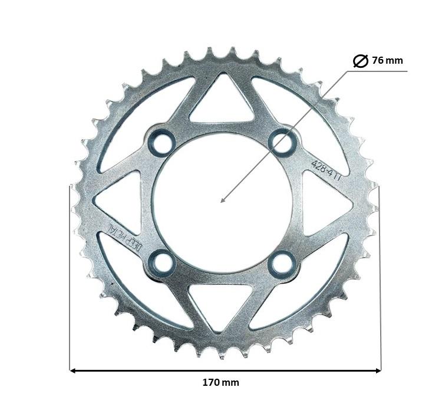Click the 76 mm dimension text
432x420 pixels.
point(387,60)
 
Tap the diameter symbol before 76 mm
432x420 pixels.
point(360,61)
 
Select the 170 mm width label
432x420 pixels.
point(221,382)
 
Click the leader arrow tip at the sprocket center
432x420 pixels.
point(222,201)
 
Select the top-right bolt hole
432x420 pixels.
point(282,142)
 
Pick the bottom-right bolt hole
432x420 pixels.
point(282,263)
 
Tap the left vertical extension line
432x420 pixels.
point(70,277)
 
